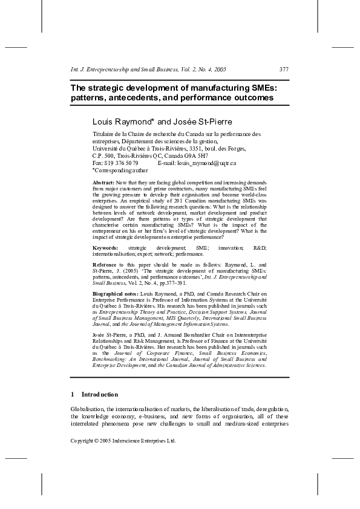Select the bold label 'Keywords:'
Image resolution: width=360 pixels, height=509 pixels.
point(105,248)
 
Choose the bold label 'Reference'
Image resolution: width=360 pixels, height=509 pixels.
point(105,265)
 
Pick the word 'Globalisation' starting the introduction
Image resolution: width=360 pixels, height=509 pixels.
point(88,409)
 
